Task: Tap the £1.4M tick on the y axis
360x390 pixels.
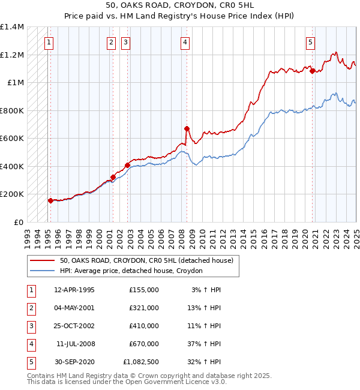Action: click(x=12, y=27)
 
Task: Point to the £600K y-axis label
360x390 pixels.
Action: click(x=12, y=139)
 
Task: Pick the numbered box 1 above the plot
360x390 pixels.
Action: click(x=48, y=42)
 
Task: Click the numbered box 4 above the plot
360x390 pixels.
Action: click(x=185, y=42)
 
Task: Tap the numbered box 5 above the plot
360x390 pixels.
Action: click(x=310, y=42)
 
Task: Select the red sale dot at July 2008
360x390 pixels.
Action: click(x=187, y=128)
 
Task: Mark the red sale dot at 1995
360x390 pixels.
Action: click(x=50, y=201)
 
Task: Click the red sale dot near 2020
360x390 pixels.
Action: click(x=313, y=71)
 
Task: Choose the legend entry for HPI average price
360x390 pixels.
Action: click(x=131, y=271)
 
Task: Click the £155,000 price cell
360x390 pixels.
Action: click(x=143, y=290)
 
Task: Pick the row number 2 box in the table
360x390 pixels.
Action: click(x=30, y=308)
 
